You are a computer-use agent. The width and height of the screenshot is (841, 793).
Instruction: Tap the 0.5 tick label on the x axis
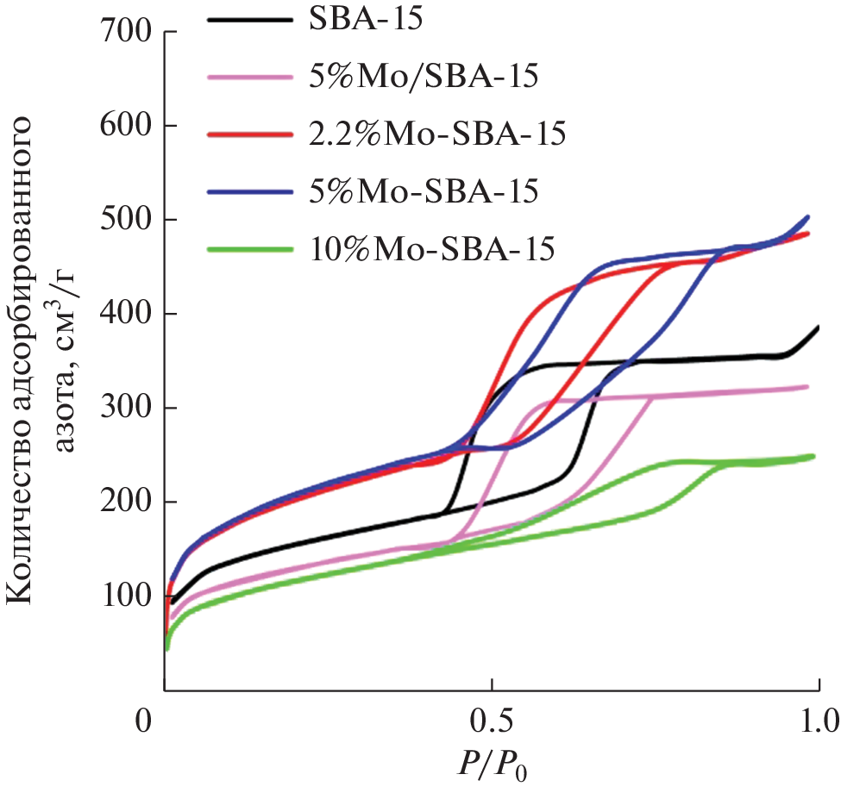point(491,720)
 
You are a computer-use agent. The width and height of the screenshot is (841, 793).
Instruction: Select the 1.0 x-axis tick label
point(816,720)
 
